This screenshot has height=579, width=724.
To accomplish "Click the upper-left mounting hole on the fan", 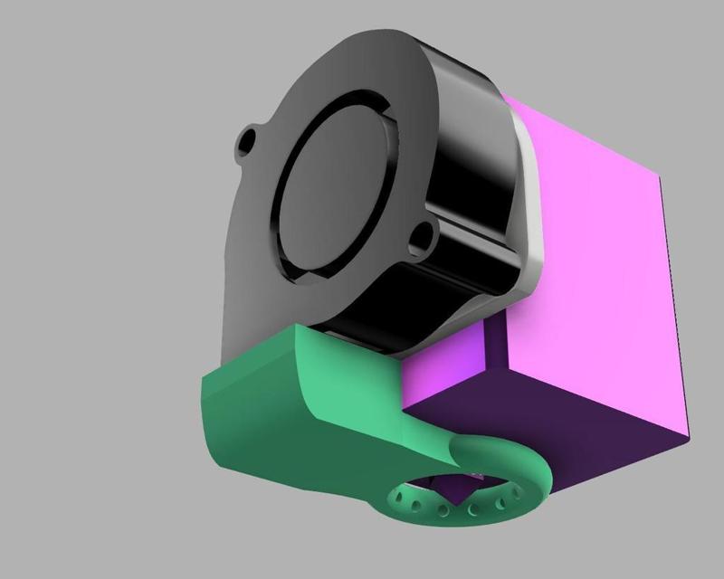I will (x=246, y=143).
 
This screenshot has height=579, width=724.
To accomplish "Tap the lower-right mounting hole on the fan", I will (x=419, y=237).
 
